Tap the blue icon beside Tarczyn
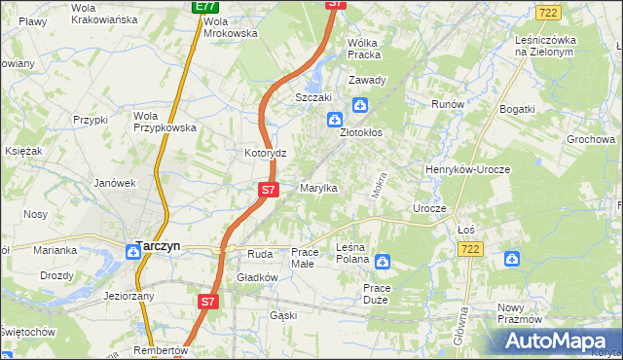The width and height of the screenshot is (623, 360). tap(132, 251)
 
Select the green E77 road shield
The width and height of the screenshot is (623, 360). tap(204, 7)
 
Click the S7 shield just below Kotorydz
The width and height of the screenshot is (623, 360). tap(269, 190)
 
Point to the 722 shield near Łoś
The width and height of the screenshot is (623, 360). tap(471, 250)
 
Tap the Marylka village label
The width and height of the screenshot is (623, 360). tap(318, 188)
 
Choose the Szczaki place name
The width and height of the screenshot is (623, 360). tap(314, 98)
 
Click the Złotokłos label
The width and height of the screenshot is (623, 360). tap(366, 133)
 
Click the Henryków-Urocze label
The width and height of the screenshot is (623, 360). tap(468, 169)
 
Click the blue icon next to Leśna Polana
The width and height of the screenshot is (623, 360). tap(383, 261)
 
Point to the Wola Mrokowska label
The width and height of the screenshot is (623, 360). tap(231, 26)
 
